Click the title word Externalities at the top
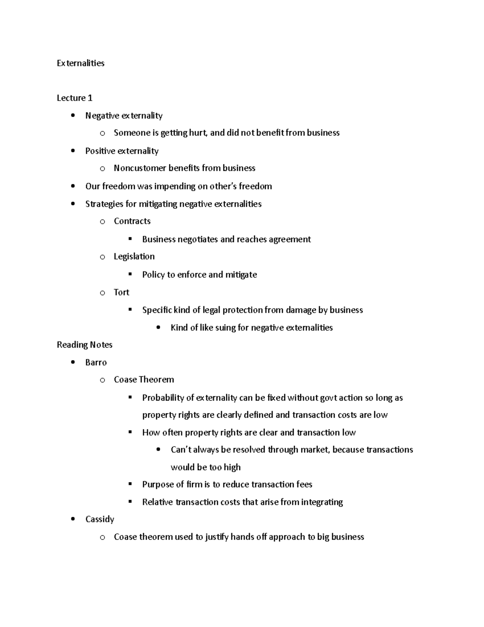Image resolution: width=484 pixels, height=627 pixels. coord(81,63)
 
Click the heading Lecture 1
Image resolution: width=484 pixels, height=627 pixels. coord(75,98)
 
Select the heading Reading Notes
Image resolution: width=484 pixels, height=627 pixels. coord(85,345)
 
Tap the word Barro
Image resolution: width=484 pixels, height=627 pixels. coord(96,363)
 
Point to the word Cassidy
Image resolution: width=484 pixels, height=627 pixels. coord(100,519)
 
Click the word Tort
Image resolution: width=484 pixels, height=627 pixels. coord(121,292)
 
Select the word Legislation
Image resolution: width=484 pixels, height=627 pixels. coord(134,257)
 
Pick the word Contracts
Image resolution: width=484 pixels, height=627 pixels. coord(132,221)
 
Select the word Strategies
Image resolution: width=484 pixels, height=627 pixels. coord(104,204)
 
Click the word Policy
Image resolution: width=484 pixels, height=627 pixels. coord(153,275)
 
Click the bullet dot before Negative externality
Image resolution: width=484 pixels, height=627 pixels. coord(73,115)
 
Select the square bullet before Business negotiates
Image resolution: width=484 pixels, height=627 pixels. coord(130,239)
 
